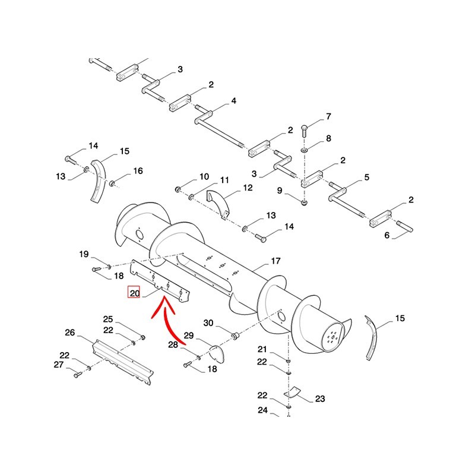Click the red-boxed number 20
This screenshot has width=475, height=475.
134,293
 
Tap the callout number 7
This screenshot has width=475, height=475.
328,116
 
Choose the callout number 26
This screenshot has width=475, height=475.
69,333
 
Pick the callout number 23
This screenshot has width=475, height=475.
320,399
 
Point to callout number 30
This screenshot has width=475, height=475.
208,323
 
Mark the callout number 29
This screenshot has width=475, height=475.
188,336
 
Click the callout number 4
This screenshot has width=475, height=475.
233,101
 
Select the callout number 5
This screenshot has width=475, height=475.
366,177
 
